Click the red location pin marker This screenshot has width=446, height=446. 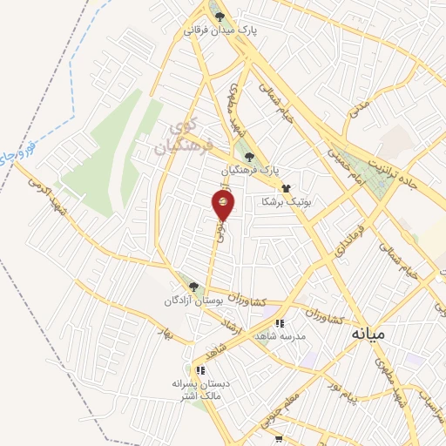(x=223, y=206)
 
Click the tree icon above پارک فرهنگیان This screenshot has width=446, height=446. (x=250, y=157)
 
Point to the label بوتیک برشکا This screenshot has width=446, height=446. (x=287, y=200)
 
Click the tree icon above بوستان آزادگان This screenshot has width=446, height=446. (x=193, y=287)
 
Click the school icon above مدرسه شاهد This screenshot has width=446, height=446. (x=279, y=323)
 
